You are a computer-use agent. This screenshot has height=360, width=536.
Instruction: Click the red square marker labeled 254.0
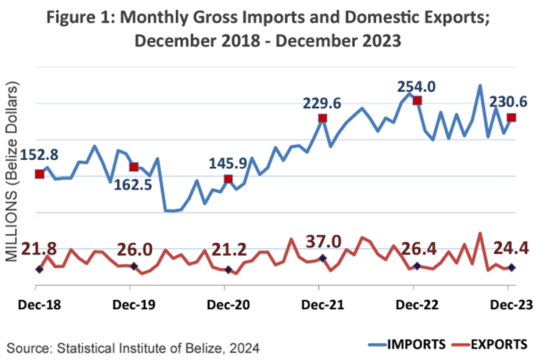[417, 101]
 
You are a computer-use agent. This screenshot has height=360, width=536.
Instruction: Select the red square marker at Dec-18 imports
[39, 174]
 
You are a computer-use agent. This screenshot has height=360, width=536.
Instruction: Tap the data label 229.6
[322, 104]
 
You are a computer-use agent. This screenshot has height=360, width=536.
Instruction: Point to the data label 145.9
[228, 163]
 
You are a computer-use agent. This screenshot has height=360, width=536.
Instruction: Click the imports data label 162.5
[133, 185]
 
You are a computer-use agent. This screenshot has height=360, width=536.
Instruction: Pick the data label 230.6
[508, 102]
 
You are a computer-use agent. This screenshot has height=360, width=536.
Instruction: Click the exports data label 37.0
[323, 242]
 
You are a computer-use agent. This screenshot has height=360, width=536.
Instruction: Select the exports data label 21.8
[39, 249]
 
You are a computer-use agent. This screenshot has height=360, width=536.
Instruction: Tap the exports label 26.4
[419, 249]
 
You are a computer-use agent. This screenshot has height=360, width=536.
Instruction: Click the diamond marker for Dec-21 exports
[322, 258]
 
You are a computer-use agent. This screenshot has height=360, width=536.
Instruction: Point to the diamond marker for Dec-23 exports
[511, 268]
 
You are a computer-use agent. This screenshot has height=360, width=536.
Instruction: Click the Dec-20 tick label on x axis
[229, 305]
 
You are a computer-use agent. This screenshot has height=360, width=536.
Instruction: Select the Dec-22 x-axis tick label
[417, 305]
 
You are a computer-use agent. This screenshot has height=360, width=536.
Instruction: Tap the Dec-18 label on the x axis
[39, 305]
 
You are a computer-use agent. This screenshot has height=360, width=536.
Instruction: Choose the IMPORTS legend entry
[407, 344]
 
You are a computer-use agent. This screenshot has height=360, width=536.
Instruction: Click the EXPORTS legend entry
[490, 344]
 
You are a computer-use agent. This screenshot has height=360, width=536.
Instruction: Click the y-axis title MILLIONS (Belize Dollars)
[12, 172]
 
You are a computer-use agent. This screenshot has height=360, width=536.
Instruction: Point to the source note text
[133, 348]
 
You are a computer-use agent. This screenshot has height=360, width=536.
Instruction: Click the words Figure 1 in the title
[81, 18]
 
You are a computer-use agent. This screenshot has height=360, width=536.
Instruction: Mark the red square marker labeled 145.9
[229, 180]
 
